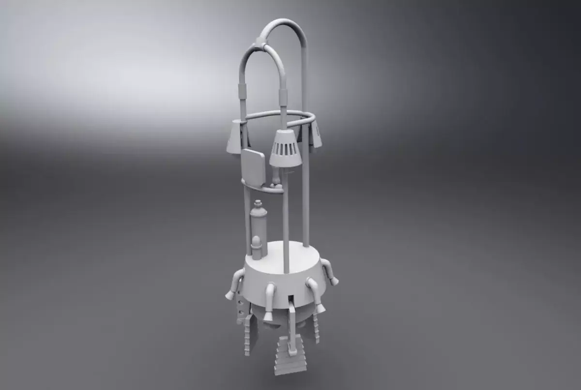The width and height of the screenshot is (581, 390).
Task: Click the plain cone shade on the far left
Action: tap(236, 135)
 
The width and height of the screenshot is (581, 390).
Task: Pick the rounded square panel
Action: tap(253, 167)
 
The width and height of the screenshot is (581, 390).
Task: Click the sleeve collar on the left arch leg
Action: tap(242, 90)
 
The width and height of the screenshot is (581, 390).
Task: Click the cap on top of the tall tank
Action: tap(259, 203)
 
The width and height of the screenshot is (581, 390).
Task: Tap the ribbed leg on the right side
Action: tap(317, 327)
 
